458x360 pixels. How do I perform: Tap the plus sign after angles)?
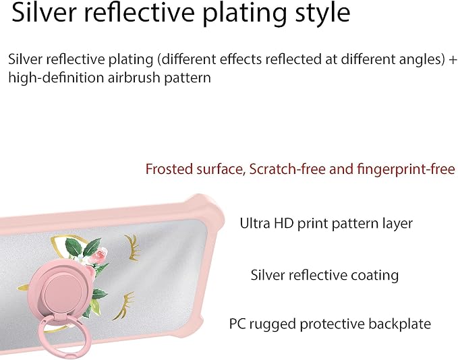pyautogui.click(x=452, y=59)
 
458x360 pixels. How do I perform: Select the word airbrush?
pyautogui.click(x=134, y=78)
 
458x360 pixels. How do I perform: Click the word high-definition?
pyautogui.click(x=56, y=78)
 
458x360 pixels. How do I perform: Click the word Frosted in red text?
pyautogui.click(x=169, y=169)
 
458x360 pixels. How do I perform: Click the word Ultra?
pyautogui.click(x=255, y=223)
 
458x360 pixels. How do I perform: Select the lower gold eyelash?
pyautogui.click(x=124, y=305)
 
